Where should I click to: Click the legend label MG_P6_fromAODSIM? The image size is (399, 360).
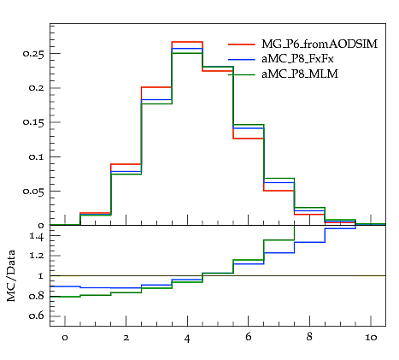[x=320, y=44]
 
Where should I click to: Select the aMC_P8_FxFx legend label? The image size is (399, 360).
[x=297, y=59]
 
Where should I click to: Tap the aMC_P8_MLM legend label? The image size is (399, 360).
[x=300, y=74]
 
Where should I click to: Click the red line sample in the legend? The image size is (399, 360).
[x=242, y=44]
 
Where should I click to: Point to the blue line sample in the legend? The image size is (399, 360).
[x=242, y=59]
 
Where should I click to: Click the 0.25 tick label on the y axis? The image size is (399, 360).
[x=33, y=54]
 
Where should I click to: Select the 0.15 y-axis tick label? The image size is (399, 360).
[x=33, y=122]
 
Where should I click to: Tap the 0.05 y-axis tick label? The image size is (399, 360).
[x=33, y=191]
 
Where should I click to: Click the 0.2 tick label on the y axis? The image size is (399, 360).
[x=37, y=88]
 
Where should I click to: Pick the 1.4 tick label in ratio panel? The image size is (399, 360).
[x=37, y=236]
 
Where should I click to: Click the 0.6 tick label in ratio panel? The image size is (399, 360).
[x=37, y=316]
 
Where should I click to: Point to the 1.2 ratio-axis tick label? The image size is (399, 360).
[x=37, y=256]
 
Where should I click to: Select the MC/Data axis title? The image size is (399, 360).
[x=11, y=275]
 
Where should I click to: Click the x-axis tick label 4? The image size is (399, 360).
[x=187, y=338]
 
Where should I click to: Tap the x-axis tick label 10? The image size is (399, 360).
[x=371, y=338]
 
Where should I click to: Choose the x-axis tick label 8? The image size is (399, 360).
[x=309, y=337]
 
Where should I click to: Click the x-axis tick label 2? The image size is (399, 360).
[x=126, y=338]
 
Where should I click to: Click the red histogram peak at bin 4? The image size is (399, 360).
[x=187, y=42]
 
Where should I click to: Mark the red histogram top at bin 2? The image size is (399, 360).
[x=126, y=164]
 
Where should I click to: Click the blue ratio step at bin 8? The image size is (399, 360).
[x=309, y=242]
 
